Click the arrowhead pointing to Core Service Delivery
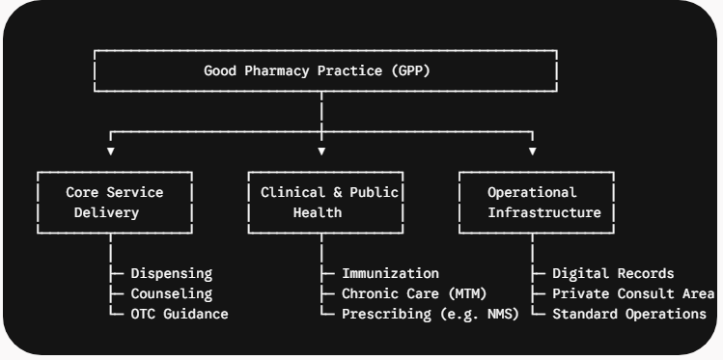(111, 152)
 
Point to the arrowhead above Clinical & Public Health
(321, 152)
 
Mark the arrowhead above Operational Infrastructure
(533, 152)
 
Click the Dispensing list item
(172, 274)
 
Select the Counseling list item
(172, 293)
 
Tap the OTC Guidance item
(180, 314)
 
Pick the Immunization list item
(390, 273)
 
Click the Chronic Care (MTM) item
(414, 293)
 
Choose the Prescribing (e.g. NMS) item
(431, 314)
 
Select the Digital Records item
(613, 273)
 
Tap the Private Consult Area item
(633, 293)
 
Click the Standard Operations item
(629, 314)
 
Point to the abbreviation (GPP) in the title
(410, 71)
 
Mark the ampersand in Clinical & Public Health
(338, 192)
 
